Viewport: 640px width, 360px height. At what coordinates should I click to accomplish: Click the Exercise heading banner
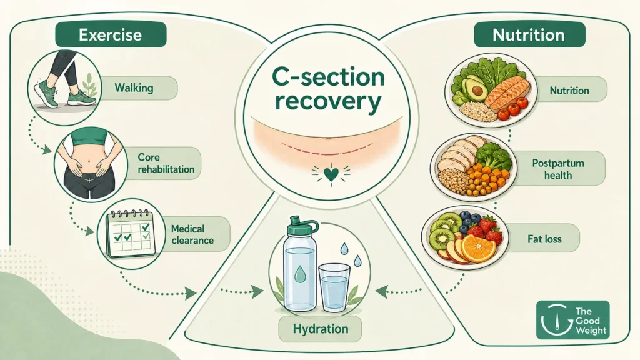tap(111, 34)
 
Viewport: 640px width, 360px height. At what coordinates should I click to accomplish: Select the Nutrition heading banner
tap(529, 34)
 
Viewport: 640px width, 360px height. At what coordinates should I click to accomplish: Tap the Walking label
tap(134, 87)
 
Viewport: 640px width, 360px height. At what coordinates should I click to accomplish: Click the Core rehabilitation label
tap(166, 163)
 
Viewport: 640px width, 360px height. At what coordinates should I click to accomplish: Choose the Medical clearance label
tap(192, 234)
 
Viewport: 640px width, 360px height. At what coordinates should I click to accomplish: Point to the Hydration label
tap(321, 329)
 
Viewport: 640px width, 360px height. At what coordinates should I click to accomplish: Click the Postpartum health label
tap(558, 169)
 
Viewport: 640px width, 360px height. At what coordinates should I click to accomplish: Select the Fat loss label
tap(544, 238)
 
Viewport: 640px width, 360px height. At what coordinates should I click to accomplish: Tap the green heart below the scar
tap(331, 174)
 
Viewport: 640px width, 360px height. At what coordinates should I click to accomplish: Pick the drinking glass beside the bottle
tap(334, 287)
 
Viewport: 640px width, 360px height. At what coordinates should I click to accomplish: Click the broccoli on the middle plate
tap(494, 156)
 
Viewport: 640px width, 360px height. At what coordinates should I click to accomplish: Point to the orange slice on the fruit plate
tap(478, 248)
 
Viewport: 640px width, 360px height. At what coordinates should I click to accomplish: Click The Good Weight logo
tap(572, 320)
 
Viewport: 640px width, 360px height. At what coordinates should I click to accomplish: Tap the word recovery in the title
tap(328, 102)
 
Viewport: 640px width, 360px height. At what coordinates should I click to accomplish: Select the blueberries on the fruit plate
tap(469, 221)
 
